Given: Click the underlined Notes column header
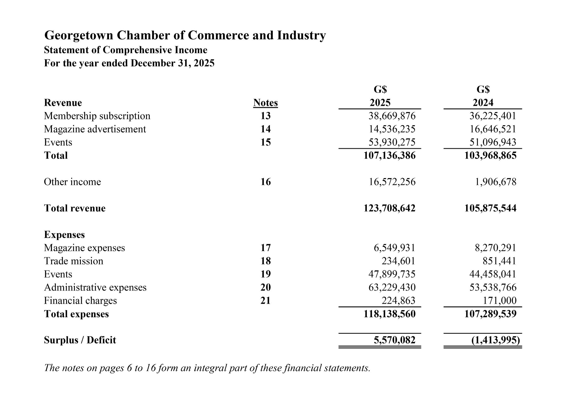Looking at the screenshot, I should click(x=265, y=103).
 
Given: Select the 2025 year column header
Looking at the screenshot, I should click(x=380, y=103).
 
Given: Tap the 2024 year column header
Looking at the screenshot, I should click(x=483, y=103).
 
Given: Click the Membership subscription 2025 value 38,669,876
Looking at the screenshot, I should click(x=392, y=116).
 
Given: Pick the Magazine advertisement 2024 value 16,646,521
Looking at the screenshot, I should click(x=493, y=129).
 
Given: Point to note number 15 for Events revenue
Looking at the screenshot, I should click(x=265, y=142).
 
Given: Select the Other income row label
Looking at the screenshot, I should click(x=72, y=182).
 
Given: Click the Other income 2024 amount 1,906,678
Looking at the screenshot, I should click(x=496, y=182).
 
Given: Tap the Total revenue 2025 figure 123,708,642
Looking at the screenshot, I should click(x=389, y=208).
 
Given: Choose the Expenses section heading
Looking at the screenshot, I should click(x=64, y=234).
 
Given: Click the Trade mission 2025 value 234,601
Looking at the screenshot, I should click(x=399, y=261).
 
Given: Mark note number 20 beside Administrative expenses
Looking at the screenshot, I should click(x=265, y=287).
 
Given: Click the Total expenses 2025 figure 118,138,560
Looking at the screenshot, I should click(x=389, y=314).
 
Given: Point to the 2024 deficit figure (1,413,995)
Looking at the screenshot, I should click(x=496, y=340).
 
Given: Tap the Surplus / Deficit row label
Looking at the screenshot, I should click(x=80, y=340).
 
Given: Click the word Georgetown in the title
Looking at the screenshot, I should click(x=79, y=35).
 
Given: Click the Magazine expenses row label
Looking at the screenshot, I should click(x=84, y=248).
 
